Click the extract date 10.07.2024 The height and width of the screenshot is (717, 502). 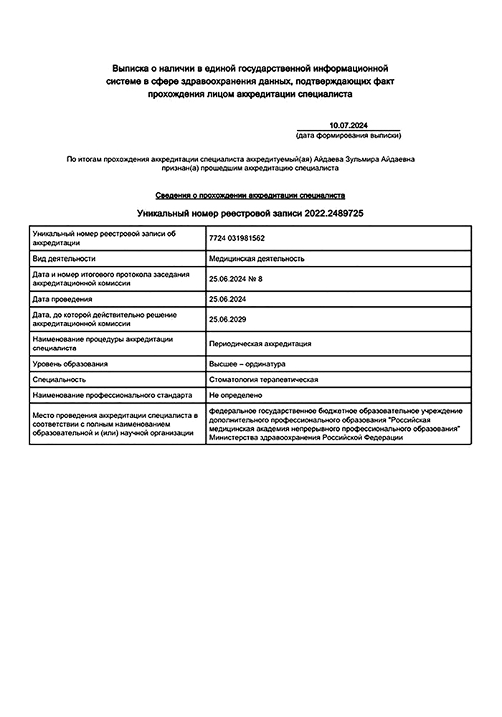tap(348, 125)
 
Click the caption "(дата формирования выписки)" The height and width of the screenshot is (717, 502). tap(348, 135)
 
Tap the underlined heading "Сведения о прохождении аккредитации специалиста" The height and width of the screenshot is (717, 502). tap(250, 195)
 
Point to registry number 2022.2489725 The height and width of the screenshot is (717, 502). tap(335, 213)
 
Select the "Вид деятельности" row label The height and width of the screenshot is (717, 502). tap(65, 258)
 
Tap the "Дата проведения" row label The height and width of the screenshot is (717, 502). tap(63, 298)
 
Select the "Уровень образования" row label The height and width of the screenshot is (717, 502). tap(70, 364)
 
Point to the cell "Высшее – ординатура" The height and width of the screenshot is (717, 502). tap(247, 364)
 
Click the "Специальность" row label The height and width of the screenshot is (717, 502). tap(60, 379)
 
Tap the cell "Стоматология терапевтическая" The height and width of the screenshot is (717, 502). tap(263, 379)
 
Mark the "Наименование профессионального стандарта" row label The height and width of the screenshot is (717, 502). tap(113, 394)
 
